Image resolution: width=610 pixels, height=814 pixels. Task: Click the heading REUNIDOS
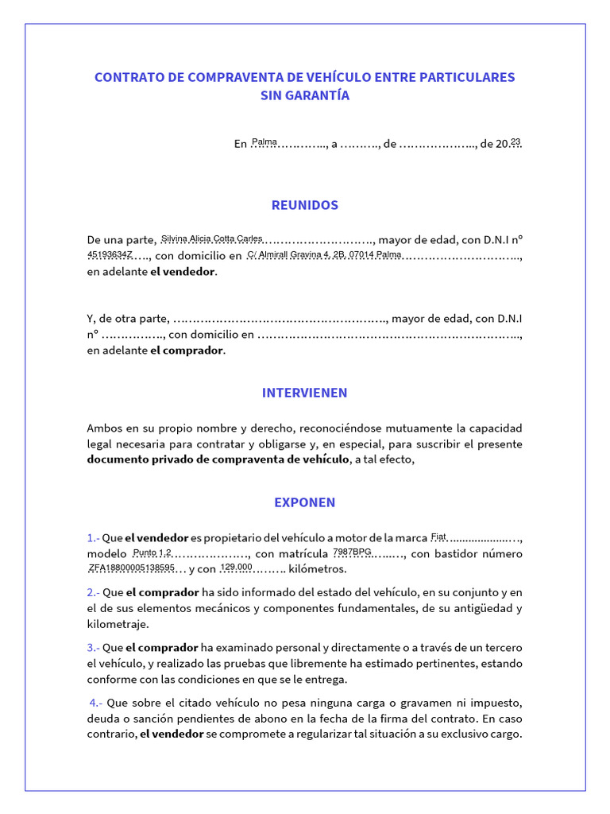(305, 205)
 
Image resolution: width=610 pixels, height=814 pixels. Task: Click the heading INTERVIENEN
(305, 393)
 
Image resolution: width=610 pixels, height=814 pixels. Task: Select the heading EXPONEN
(305, 502)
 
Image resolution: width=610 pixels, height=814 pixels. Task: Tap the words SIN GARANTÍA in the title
(305, 96)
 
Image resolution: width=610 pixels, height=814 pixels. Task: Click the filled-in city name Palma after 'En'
(264, 142)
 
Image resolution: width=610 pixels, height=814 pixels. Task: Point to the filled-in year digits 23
(515, 141)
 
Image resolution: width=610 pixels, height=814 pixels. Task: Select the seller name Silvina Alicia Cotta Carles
(211, 238)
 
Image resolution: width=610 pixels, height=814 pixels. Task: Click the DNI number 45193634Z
(110, 254)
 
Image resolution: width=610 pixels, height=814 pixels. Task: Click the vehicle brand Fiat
(438, 536)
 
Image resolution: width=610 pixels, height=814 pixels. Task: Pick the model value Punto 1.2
(152, 552)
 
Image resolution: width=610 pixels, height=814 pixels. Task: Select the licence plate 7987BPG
(352, 552)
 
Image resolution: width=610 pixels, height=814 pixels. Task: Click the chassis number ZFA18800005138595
(131, 568)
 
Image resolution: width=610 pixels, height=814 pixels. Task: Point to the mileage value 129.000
(236, 567)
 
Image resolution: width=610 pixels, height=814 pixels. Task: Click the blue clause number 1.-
(94, 537)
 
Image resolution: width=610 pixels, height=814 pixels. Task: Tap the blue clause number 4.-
(96, 703)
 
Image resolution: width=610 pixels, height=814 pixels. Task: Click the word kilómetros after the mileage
(319, 569)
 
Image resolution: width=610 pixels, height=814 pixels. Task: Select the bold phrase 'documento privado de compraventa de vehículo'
(218, 459)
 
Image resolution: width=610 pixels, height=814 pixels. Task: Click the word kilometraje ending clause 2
(118, 625)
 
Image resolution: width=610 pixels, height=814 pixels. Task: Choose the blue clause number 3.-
(94, 648)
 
